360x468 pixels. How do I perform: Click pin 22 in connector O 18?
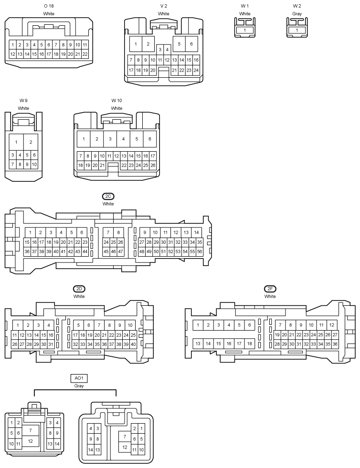85,54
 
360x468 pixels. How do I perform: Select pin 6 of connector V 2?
191,44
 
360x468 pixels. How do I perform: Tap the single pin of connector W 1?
244,30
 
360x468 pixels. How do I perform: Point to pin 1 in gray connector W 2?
296,30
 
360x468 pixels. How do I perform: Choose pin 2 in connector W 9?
31,142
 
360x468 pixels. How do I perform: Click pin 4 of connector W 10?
123,139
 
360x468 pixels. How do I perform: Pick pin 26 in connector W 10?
153,165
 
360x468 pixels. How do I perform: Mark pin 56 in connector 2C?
200,251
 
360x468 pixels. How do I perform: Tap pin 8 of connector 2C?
118,232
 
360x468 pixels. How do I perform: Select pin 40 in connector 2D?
133,344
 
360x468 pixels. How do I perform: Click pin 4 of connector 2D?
49,325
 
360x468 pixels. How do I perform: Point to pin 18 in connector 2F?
249,343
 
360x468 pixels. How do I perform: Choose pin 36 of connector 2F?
335,344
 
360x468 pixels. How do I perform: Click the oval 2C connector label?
108,197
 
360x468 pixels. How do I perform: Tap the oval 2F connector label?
270,289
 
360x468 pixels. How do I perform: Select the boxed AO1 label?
79,378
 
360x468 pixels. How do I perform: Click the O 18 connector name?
49,6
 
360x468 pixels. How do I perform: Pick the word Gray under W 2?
297,14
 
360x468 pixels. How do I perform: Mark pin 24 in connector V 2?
196,71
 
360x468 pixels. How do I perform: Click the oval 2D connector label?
79,289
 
